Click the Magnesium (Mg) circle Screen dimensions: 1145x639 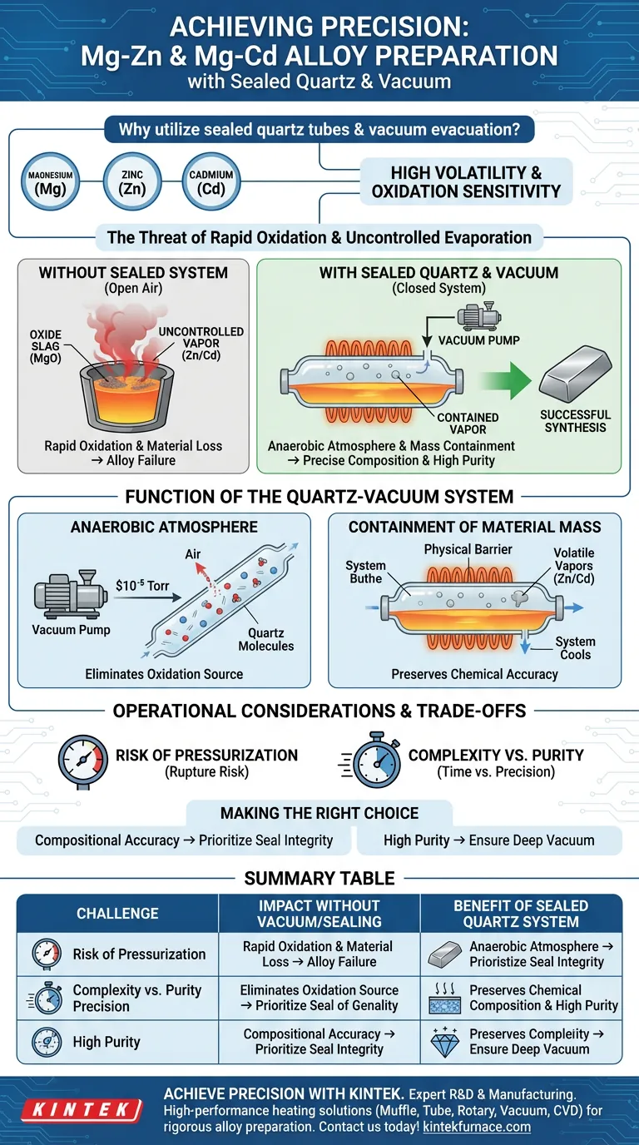[50, 182]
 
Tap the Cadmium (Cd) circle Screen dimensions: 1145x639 [211, 182]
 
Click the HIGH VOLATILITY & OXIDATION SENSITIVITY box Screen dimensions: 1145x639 [466, 181]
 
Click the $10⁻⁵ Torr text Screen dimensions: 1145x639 [142, 586]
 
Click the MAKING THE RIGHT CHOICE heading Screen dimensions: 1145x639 [319, 813]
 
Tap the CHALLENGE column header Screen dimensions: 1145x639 [117, 914]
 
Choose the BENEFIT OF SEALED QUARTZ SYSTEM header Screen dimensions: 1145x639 [521, 914]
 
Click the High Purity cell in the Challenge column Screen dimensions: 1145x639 [106, 1041]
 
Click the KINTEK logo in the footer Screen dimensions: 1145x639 [80, 1110]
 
